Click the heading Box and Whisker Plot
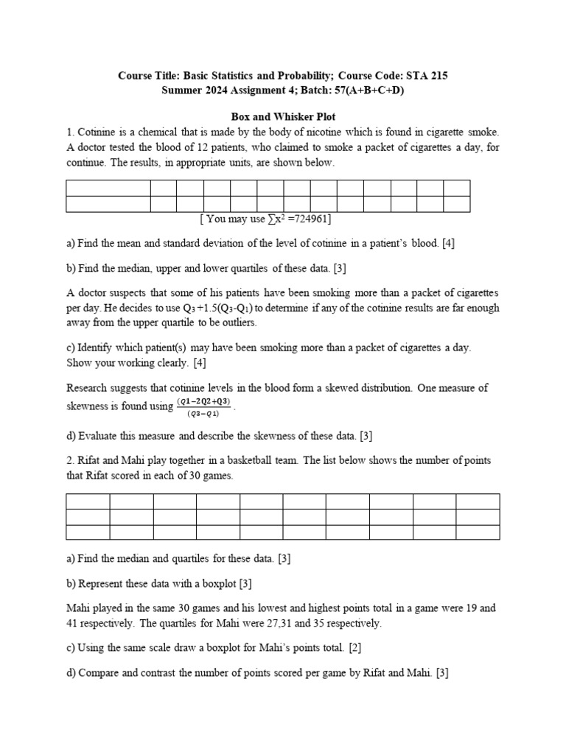pyautogui.click(x=283, y=117)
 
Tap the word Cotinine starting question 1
pyautogui.click(x=96, y=133)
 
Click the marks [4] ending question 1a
pyautogui.click(x=448, y=243)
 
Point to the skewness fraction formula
pyautogui.click(x=203, y=406)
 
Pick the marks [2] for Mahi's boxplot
pyautogui.click(x=354, y=648)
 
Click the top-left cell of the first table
pyautogui.click(x=108, y=187)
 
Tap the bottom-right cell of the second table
pyautogui.click(x=478, y=532)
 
